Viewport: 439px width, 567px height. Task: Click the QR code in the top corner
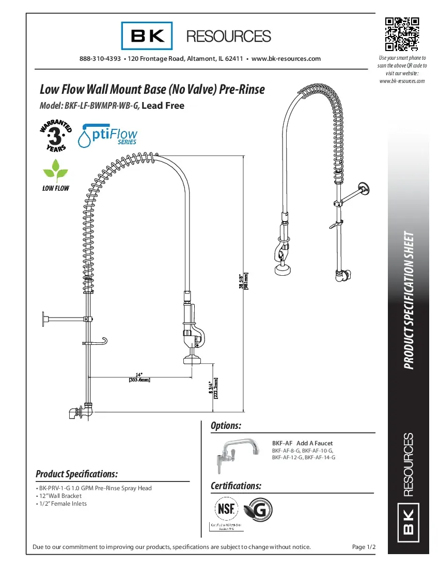click(x=402, y=35)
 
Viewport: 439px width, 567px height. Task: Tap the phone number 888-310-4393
click(x=100, y=59)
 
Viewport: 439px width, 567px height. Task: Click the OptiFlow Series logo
click(x=107, y=136)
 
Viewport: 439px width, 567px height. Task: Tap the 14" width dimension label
click(x=139, y=377)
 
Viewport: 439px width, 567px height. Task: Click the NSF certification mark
click(x=226, y=509)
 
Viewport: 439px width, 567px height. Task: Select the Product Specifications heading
click(x=77, y=474)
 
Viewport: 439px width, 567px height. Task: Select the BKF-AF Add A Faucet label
click(x=302, y=443)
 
